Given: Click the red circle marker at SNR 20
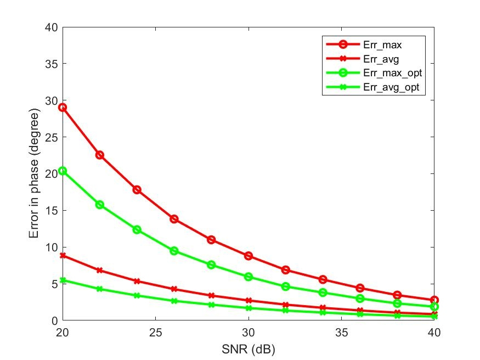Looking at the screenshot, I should point(63,108).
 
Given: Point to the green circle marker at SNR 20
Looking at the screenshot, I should point(63,171).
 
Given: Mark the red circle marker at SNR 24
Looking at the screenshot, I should point(137,190).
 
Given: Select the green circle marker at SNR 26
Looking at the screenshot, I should point(174,251).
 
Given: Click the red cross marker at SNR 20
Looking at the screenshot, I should point(63,256).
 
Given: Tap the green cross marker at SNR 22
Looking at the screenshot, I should point(100,289).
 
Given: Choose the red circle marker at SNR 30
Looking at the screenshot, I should point(249,256).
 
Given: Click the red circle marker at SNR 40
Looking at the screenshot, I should point(434,300).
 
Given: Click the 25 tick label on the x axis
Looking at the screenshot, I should point(155,333).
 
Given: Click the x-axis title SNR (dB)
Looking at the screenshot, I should point(249,347).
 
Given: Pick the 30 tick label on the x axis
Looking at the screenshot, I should point(249,333).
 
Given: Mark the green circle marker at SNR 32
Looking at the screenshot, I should point(286,286).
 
